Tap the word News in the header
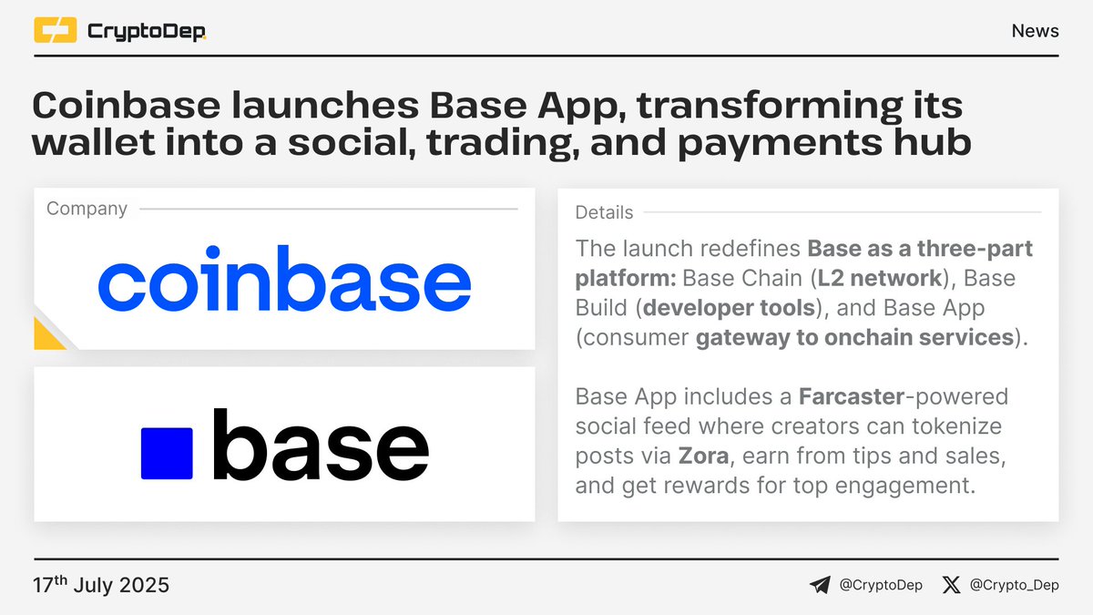1035,31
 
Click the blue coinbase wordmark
284,277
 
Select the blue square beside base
167,453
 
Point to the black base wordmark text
320,446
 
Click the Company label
87,209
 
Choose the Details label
604,212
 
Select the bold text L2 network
890,277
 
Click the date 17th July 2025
101,584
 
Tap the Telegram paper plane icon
820,585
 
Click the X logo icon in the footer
951,585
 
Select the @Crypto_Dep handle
1015,585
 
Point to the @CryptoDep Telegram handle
880,585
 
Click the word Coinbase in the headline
126,107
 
